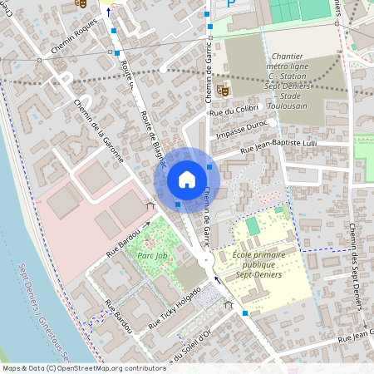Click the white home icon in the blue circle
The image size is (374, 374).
tap(187, 180)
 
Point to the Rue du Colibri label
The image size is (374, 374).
tap(234, 110)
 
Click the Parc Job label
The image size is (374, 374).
tap(154, 255)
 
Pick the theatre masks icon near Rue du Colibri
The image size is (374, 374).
tap(222, 88)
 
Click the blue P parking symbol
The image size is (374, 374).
tap(232, 5)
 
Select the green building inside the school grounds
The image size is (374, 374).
tap(253, 226)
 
